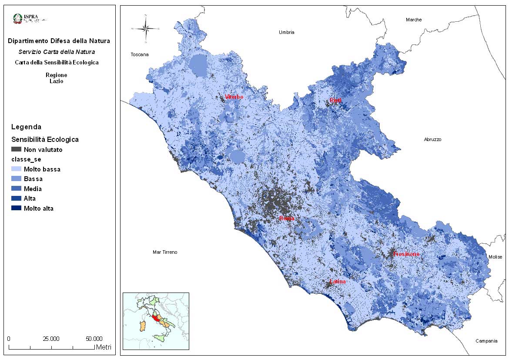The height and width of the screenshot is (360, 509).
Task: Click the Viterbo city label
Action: point(234,97)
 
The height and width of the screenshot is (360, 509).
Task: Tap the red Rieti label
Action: point(335,101)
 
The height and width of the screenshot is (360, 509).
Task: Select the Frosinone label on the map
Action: point(406,254)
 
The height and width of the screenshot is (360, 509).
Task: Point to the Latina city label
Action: point(338,282)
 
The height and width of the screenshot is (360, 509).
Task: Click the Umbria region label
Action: point(287,33)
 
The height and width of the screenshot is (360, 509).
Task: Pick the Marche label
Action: point(414,20)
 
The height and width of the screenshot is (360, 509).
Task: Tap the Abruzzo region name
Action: point(432,140)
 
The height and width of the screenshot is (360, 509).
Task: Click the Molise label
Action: point(495,257)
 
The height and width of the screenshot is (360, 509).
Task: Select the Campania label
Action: point(486,341)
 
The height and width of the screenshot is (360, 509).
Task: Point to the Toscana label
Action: point(140,55)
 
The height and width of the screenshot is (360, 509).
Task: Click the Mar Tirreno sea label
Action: point(165,252)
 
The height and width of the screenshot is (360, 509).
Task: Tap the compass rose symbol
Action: point(146,29)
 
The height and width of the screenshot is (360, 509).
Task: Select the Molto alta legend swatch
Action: point(16,209)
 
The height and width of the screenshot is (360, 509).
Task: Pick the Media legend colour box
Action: point(16,189)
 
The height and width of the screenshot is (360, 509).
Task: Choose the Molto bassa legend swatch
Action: point(16,169)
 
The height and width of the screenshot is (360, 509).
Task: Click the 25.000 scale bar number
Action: point(51,339)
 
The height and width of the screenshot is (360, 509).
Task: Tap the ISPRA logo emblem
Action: point(18,18)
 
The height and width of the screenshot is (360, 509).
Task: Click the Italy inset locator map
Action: point(156,321)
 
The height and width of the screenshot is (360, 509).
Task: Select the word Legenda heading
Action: point(26,127)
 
